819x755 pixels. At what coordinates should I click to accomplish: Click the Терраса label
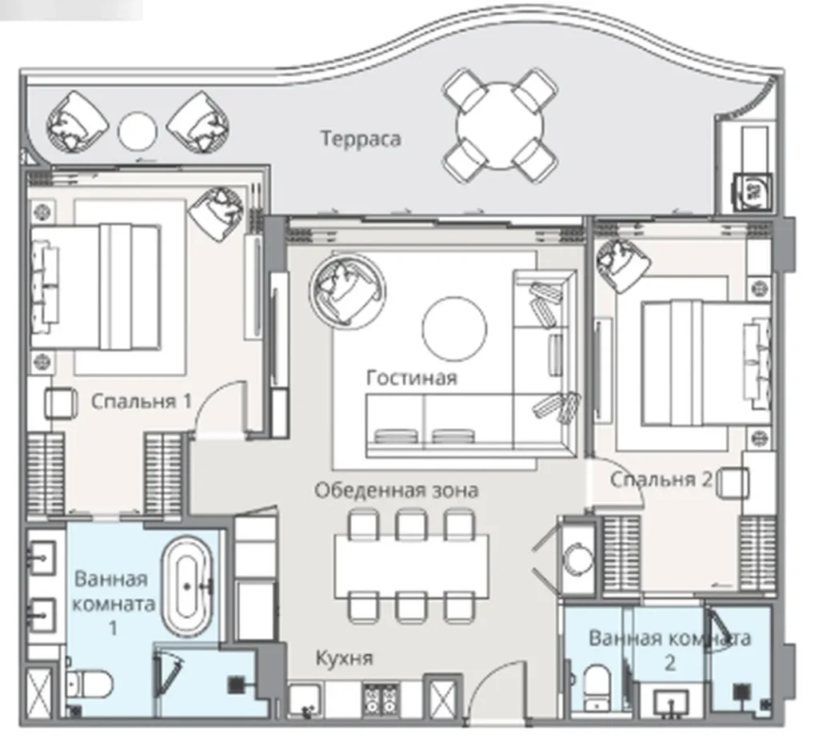click(x=361, y=139)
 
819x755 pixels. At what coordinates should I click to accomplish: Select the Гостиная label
click(x=412, y=378)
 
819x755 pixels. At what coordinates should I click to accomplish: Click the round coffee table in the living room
click(x=454, y=329)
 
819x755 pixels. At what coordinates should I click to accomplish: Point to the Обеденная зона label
click(x=397, y=491)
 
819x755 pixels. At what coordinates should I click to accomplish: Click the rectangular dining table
click(x=412, y=566)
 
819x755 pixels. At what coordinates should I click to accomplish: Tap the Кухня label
click(x=345, y=658)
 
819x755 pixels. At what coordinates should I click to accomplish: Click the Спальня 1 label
click(x=142, y=402)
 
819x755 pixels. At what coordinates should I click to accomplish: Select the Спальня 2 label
click(x=661, y=480)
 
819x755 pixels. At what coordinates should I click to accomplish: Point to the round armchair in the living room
click(x=347, y=290)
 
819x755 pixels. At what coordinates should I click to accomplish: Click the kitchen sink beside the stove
click(x=306, y=700)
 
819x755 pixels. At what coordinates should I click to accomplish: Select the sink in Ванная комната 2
click(x=671, y=701)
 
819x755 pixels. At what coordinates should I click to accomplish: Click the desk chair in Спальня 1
click(x=61, y=404)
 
